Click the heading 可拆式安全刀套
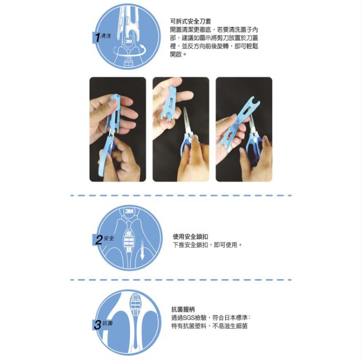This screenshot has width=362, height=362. [x=191, y=21]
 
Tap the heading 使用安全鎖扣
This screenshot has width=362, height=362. [x=190, y=236]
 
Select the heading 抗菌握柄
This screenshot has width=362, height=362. [x=183, y=309]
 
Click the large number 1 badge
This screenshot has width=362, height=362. [x=98, y=37]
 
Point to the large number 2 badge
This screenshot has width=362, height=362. [x=99, y=240]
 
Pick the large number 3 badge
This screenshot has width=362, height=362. [x=98, y=325]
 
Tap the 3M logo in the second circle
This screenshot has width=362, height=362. [x=129, y=211]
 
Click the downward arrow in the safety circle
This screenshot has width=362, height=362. [x=143, y=250]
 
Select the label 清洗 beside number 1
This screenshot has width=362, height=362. [x=106, y=36]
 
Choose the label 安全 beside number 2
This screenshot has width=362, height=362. [x=109, y=238]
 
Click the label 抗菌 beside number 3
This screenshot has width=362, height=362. [x=107, y=323]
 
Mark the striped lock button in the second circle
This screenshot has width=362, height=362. [x=129, y=241]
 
